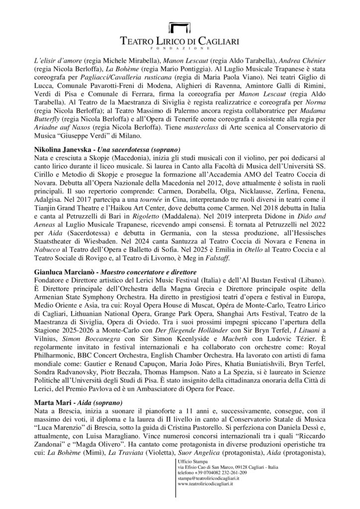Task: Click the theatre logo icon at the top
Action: pos(180,28)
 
